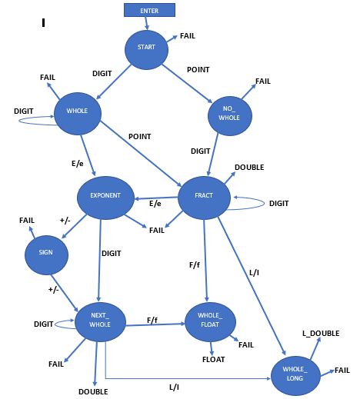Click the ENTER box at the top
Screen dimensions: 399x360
click(149, 10)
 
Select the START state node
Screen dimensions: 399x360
click(146, 48)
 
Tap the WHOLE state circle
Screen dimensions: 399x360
click(77, 111)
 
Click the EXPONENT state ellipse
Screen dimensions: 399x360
click(105, 195)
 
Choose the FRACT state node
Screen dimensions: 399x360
click(204, 196)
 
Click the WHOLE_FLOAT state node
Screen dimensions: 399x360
click(210, 321)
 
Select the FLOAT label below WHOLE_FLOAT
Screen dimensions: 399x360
click(213, 359)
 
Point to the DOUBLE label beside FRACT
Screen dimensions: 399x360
click(249, 167)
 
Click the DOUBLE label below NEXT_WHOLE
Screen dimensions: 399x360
click(93, 391)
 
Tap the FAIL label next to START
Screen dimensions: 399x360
click(188, 36)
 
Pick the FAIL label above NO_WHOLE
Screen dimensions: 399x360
click(263, 81)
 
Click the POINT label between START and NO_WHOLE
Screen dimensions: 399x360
click(198, 69)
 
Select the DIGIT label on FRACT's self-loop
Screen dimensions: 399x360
click(278, 203)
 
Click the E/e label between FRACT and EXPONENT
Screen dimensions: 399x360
click(155, 204)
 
